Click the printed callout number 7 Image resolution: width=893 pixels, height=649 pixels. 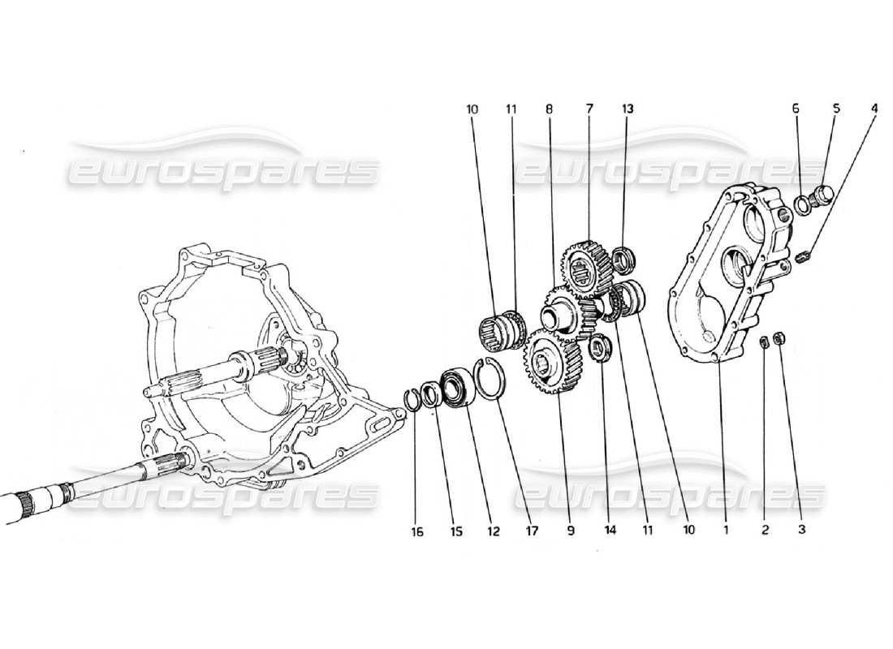pyautogui.click(x=590, y=107)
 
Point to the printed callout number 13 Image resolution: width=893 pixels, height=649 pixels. pyautogui.click(x=628, y=107)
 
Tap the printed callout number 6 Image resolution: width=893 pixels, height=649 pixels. pyautogui.click(x=796, y=107)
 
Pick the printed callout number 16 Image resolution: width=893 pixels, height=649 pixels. pyautogui.click(x=416, y=532)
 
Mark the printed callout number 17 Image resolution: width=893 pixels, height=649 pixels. pyautogui.click(x=533, y=532)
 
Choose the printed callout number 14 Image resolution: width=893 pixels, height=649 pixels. pyautogui.click(x=610, y=532)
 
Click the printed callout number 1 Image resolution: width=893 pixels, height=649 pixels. pyautogui.click(x=727, y=532)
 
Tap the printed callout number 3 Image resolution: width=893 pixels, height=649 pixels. pyautogui.click(x=801, y=532)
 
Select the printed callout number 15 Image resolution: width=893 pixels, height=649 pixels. pyautogui.click(x=456, y=532)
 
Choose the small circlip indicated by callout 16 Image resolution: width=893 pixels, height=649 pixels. pyautogui.click(x=412, y=399)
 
